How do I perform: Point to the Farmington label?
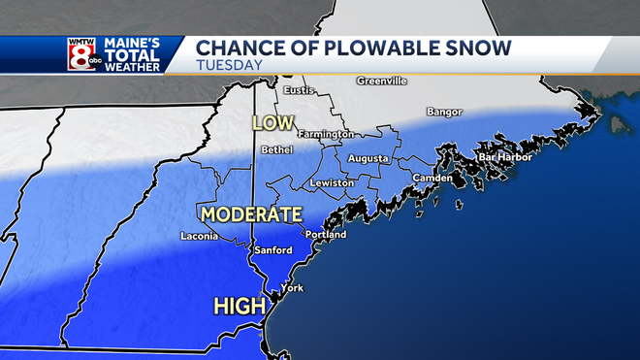click(325, 134)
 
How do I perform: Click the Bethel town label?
click(276, 150)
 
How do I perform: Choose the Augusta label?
click(368, 158)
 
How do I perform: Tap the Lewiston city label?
click(332, 183)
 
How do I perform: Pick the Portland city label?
click(325, 235)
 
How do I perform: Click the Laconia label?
click(201, 236)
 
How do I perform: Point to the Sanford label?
click(272, 250)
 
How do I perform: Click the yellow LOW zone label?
click(272, 123)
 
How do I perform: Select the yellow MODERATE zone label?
click(251, 213)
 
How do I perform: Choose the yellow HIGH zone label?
click(240, 307)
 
